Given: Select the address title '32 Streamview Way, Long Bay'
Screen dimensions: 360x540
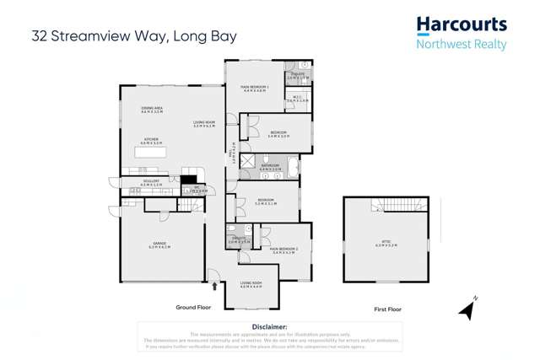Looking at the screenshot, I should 134,36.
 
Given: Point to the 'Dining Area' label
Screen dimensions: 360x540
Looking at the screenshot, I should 153,110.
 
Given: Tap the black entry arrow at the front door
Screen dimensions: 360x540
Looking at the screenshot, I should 214,286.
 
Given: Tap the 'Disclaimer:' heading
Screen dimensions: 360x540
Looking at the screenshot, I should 270,326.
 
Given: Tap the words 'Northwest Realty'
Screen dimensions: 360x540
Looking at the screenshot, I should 462,44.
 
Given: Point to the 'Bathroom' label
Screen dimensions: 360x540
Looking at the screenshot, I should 270,167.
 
